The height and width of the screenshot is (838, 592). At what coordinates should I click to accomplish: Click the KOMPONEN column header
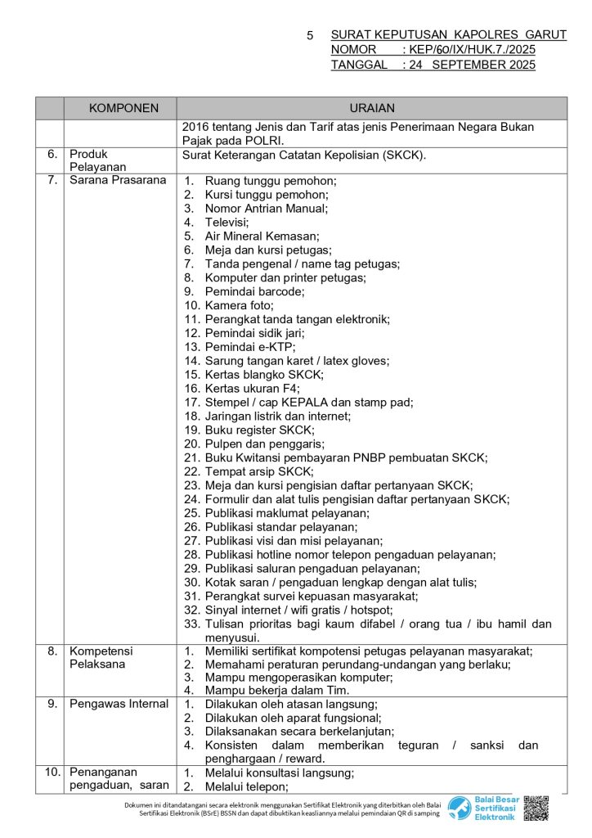(x=123, y=108)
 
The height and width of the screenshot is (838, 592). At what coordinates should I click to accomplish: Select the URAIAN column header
(x=371, y=108)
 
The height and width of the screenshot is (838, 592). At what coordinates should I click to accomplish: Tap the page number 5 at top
(x=310, y=36)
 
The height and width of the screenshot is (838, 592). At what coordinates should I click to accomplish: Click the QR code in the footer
(x=536, y=808)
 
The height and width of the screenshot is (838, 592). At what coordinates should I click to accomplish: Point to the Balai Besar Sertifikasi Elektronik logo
(x=482, y=808)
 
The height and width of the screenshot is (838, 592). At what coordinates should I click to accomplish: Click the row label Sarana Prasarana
(x=118, y=180)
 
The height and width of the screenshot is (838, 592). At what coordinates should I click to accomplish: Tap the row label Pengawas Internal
(x=119, y=704)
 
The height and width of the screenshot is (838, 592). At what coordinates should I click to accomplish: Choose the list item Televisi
(x=227, y=222)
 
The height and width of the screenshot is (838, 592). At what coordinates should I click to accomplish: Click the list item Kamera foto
(x=240, y=305)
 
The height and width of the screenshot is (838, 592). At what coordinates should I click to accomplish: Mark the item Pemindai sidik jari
(x=254, y=333)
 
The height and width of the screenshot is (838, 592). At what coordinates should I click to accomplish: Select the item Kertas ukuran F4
(x=252, y=388)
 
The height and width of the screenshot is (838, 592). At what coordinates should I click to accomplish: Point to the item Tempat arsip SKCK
(x=258, y=471)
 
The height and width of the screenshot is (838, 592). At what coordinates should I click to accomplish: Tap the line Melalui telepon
(x=247, y=786)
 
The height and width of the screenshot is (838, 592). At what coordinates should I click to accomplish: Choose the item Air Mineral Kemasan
(x=262, y=236)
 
